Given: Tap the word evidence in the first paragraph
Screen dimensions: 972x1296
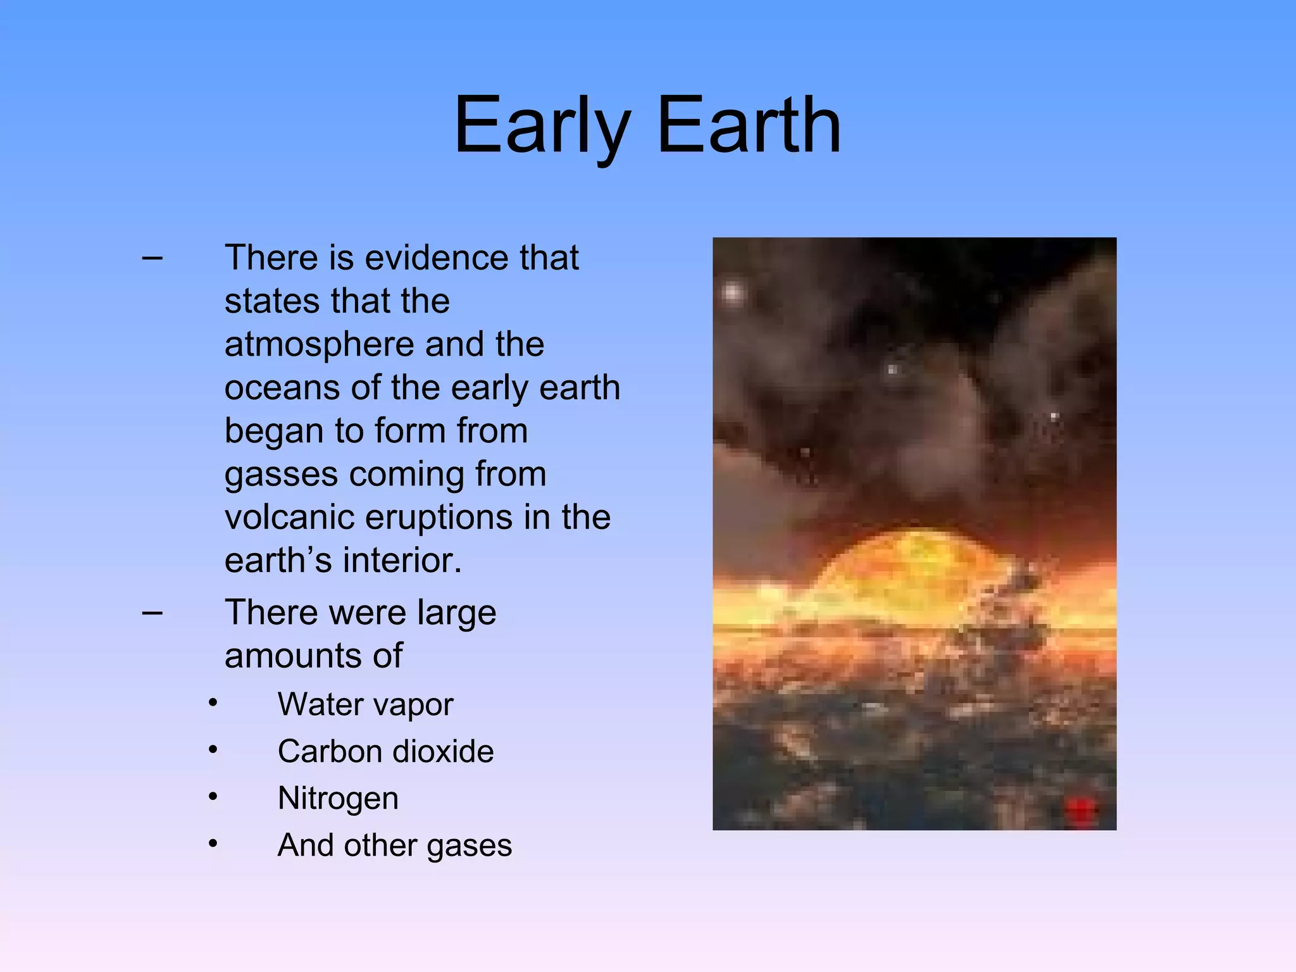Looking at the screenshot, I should (x=437, y=258).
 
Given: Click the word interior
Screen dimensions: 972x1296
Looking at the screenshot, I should (x=402, y=561).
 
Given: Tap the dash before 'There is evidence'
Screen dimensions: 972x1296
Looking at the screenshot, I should (x=153, y=258).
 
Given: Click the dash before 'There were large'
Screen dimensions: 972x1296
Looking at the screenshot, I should (x=153, y=613).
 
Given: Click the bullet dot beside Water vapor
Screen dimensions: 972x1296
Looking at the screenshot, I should (x=213, y=703).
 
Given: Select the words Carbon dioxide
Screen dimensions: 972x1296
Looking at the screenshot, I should (x=385, y=751).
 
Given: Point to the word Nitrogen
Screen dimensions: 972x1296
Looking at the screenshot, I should (x=338, y=798).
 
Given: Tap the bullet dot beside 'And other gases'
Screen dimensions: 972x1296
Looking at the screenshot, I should (x=213, y=844).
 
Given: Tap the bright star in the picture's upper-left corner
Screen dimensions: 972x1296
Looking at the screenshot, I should (x=733, y=293).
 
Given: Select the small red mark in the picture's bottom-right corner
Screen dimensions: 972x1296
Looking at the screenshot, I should (x=1080, y=809).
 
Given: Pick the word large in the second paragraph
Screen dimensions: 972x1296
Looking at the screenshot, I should (x=456, y=613).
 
